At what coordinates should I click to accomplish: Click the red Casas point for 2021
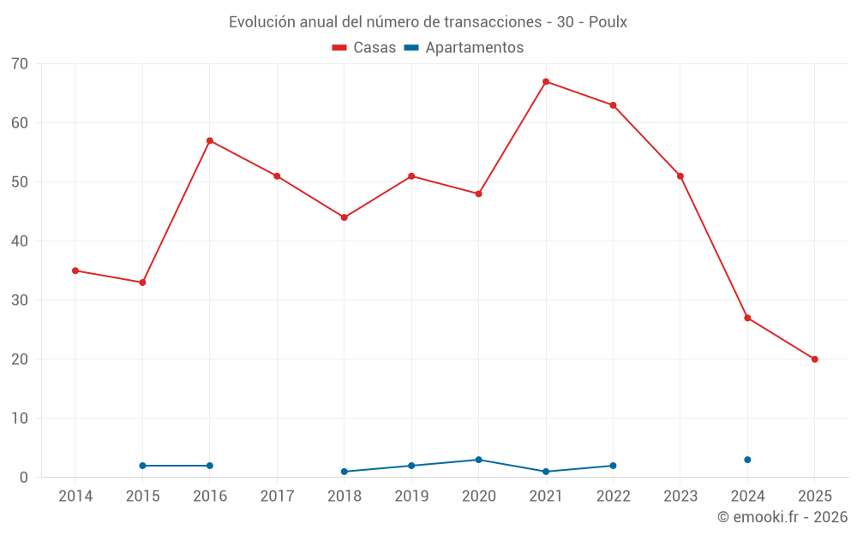[x=546, y=82]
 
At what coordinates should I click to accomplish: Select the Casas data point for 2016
[x=210, y=141]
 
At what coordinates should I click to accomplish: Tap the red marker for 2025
[x=814, y=360]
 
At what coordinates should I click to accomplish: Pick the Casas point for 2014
[x=75, y=270]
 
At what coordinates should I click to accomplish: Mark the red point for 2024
[x=747, y=318]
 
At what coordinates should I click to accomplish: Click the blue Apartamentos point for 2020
[x=478, y=460]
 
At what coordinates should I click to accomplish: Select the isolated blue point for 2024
[x=747, y=460]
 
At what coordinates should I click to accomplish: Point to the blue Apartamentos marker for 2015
[x=142, y=466]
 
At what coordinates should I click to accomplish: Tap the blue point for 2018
[x=345, y=472]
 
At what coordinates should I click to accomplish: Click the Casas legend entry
[x=364, y=48]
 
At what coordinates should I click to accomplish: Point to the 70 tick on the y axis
[x=20, y=64]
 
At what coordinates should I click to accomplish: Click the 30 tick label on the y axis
[x=20, y=300]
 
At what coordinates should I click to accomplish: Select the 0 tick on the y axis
[x=24, y=478]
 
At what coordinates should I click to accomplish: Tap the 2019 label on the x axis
[x=411, y=496]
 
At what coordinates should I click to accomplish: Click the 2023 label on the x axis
[x=680, y=496]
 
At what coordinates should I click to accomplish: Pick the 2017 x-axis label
[x=277, y=496]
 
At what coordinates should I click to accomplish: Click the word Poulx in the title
[x=608, y=22]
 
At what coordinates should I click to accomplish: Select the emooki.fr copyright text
[x=782, y=517]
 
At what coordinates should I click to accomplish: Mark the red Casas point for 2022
[x=613, y=105]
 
